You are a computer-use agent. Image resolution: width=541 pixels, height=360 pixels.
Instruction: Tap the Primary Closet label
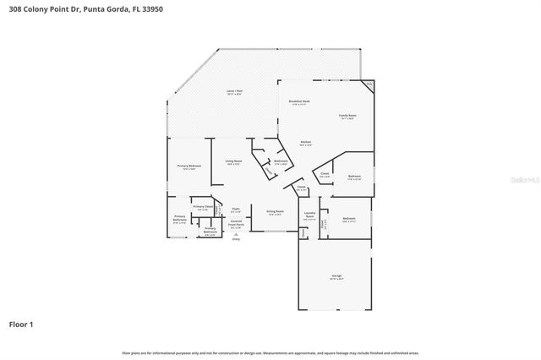coord(203,207)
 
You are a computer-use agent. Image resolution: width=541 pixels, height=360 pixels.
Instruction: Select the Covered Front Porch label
coord(237,224)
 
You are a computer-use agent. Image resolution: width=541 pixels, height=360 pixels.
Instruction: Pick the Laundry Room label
coord(310,215)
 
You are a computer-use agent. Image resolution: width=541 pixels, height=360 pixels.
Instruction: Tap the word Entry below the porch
coord(236,239)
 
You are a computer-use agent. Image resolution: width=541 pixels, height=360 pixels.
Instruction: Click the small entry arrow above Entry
coord(236,233)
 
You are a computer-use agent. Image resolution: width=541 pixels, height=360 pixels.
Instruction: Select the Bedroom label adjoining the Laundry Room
coord(349,218)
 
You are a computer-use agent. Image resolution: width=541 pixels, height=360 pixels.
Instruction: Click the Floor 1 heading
coord(20,324)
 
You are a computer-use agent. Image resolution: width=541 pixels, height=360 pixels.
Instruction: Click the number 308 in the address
coord(15,8)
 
